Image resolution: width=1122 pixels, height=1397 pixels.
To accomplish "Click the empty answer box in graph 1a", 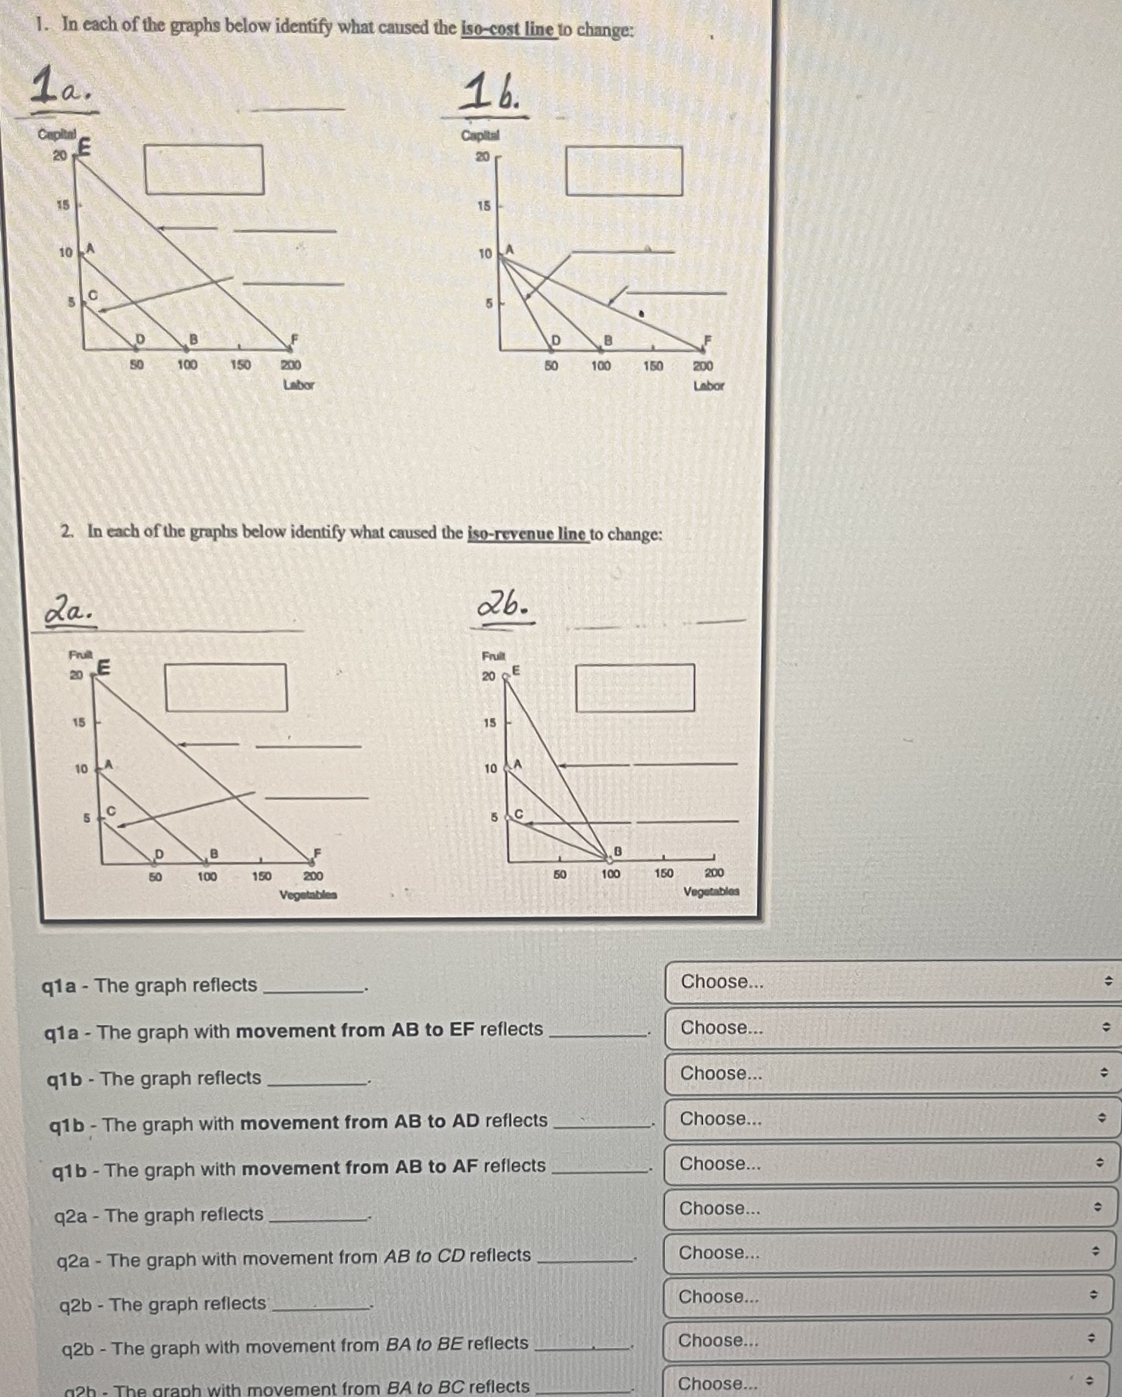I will coord(204,170).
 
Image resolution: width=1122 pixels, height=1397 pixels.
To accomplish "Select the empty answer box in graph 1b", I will coord(623,171).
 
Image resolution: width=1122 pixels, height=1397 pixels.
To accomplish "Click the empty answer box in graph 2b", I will coord(635,688).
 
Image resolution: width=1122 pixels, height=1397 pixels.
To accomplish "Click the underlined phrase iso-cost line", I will coord(508,29).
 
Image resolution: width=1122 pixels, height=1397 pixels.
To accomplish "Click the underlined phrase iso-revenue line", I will coord(528,534).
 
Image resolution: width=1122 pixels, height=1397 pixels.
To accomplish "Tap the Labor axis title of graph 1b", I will coord(708,385).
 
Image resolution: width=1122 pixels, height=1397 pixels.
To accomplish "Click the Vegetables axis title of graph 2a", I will coord(308,895).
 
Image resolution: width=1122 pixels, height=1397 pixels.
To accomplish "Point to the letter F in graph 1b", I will coord(708,338).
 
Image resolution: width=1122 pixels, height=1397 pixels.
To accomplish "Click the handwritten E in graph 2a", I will coord(104,667).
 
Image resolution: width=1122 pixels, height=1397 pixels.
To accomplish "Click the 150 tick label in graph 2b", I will coord(663,873).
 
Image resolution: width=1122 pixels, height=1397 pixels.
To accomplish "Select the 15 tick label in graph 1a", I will coord(62,204).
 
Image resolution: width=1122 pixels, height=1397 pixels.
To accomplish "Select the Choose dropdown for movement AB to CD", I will coord(888,1252).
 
